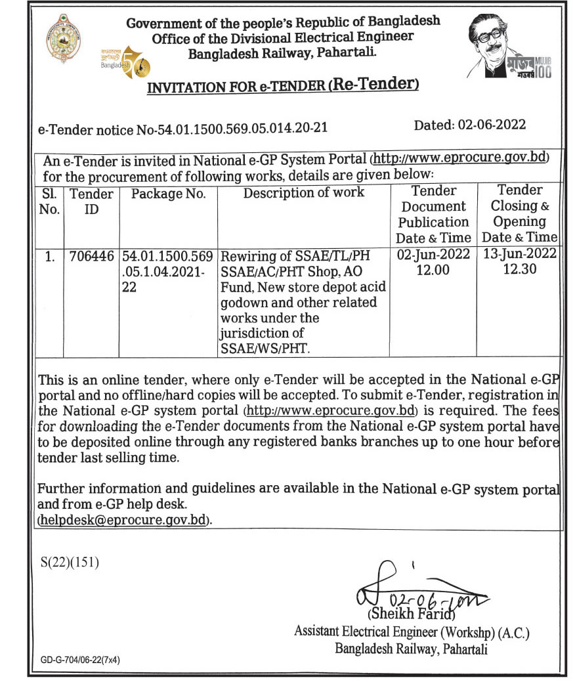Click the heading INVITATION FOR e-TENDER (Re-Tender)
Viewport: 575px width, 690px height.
282,86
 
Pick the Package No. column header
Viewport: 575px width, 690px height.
169,194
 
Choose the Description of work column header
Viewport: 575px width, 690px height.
304,193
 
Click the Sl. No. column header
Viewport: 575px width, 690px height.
51,202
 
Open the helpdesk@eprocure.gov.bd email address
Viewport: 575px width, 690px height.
125,520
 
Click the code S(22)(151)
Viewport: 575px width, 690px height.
70,563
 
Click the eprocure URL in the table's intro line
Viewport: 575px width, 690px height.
459,160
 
